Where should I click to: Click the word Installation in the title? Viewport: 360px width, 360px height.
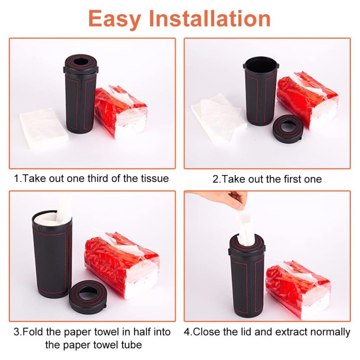coord(210,19)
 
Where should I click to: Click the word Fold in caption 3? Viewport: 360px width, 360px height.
coord(33,332)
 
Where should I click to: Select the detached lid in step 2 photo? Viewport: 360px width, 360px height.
coord(287,129)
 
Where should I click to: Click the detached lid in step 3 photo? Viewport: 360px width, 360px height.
coord(88,297)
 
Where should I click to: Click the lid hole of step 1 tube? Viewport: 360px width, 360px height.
coord(81,61)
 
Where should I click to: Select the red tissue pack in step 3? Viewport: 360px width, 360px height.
coord(122,264)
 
